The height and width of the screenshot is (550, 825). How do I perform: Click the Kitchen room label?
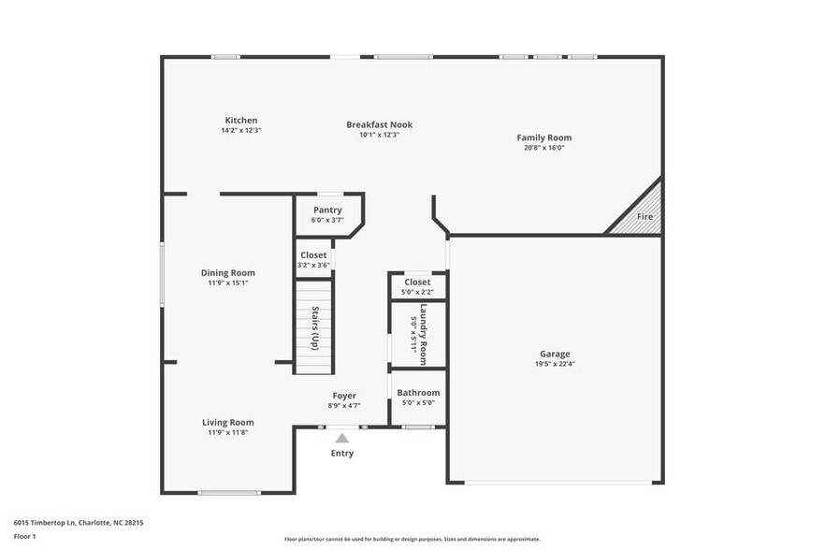click(240, 121)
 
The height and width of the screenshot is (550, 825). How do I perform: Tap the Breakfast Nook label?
click(379, 124)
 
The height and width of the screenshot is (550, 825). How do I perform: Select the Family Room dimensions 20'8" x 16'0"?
click(543, 148)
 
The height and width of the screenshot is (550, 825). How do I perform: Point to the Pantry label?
click(326, 210)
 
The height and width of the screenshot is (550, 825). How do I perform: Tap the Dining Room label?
click(228, 273)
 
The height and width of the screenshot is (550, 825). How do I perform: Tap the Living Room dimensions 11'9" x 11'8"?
click(228, 432)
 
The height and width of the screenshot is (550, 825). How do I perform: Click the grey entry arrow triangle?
click(342, 438)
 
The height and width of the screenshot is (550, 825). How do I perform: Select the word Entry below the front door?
click(342, 454)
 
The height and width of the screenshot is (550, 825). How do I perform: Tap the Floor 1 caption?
click(24, 536)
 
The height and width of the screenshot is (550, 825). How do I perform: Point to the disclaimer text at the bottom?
click(412, 539)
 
